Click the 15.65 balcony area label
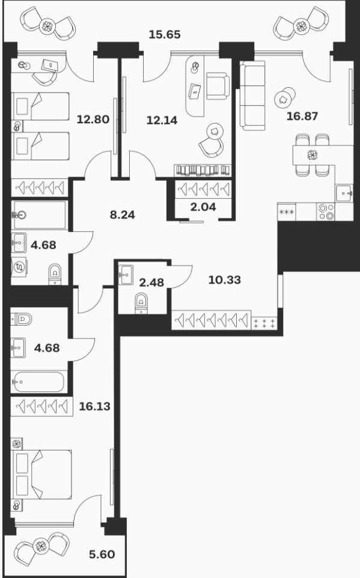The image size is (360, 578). coord(165,34)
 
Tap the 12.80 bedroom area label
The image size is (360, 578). coord(93,120)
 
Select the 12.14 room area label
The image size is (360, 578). coord(162,120)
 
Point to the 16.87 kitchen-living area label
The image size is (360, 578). coord(302,116)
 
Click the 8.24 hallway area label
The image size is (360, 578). coord(123,214)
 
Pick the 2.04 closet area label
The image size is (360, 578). coord(203,207)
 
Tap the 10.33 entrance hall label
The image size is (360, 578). coord(225,280)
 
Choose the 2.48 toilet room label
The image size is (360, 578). coord(151,282)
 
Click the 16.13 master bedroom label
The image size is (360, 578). coord(95,406)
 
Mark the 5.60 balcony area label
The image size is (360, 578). coord(102,554)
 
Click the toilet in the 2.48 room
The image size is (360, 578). coord(141,303)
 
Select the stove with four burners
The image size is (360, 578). coord(325,211)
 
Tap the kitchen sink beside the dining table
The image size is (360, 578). coord(344,193)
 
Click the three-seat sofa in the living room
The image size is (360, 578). coord(252,96)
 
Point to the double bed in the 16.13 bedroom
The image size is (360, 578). coord(41,475)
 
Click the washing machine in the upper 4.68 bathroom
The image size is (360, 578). coord(19,267)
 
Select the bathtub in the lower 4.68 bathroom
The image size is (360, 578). coord(38,382)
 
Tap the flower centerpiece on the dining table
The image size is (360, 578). coord(313,155)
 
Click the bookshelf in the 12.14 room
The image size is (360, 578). coord(203,170)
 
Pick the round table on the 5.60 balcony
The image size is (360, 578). coord(41,546)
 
